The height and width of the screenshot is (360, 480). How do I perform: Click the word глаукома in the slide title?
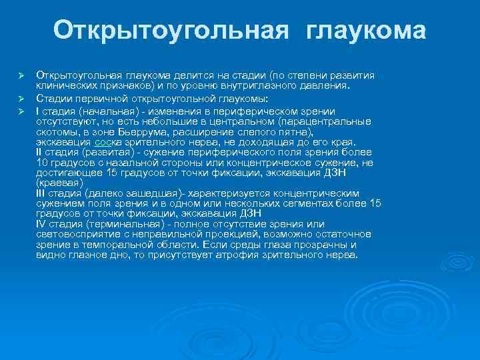coord(366,30)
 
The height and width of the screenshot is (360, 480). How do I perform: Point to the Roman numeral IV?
coord(41,225)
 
